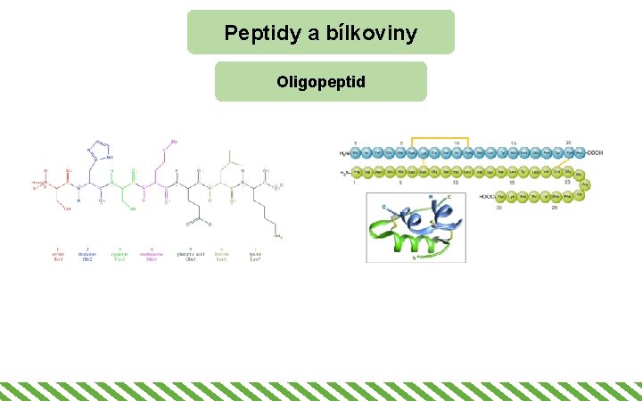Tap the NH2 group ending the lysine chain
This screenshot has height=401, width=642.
coord(279,238)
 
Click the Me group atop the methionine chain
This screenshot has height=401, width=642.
coord(175,142)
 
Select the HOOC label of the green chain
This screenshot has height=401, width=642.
coord(488,196)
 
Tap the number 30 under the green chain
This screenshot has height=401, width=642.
coord(498,207)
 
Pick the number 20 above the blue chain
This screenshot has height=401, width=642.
coord(569,143)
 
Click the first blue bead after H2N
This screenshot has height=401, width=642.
coord(355,152)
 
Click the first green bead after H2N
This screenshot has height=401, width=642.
coord(356,173)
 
